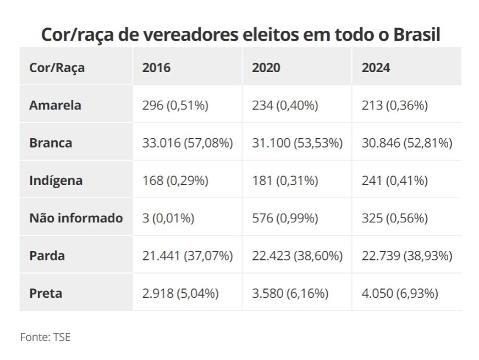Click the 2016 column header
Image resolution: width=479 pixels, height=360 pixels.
(156, 68)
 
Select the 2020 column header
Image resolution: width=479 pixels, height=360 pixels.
(266, 68)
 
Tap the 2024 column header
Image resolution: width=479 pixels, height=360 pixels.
(376, 68)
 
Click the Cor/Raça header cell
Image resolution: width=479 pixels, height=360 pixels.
(57, 68)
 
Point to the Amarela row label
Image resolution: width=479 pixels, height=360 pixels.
(56, 105)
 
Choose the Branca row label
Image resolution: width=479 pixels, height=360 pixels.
(51, 143)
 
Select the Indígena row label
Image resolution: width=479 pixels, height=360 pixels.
(56, 181)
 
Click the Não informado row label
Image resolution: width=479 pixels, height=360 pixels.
(76, 218)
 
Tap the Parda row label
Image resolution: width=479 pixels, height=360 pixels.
(47, 256)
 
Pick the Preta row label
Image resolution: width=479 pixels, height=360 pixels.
(46, 293)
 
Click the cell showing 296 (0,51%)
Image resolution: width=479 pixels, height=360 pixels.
(175, 106)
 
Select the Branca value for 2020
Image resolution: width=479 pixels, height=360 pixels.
(297, 143)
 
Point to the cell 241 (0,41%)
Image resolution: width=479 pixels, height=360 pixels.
(395, 181)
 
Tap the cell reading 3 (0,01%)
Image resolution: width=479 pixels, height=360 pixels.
(168, 219)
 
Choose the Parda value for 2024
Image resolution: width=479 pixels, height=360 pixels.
(407, 256)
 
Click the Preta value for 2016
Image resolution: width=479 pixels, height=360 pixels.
(180, 293)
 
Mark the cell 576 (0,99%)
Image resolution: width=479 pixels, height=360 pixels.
(285, 219)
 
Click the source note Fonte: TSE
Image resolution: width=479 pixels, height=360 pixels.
(45, 337)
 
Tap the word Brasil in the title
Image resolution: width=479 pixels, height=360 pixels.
(417, 34)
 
